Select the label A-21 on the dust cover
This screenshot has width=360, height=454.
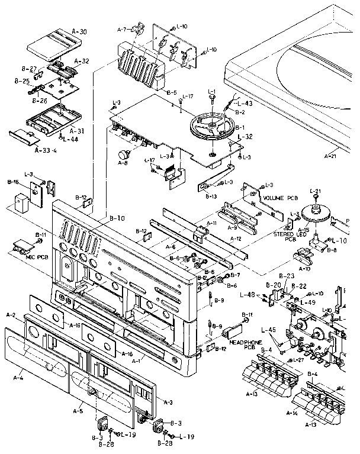333,157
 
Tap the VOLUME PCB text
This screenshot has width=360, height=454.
283,198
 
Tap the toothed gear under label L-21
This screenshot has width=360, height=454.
316,214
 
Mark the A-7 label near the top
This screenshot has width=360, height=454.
123,28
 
